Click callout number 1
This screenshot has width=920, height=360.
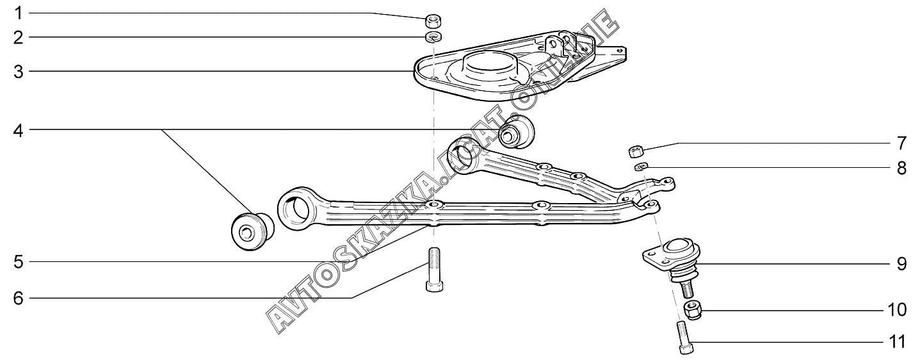[19, 13]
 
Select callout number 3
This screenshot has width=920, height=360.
[19, 72]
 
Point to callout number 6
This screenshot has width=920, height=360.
[19, 298]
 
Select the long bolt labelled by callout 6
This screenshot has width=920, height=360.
[433, 268]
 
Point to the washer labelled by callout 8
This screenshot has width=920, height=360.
[641, 167]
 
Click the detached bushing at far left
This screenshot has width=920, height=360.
[252, 229]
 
